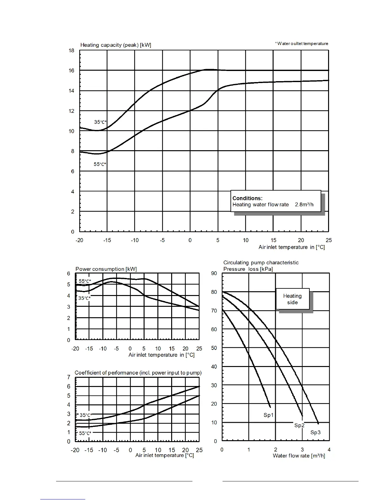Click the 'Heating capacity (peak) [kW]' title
point(116,45)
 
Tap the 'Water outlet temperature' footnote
point(302,44)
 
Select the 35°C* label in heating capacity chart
point(100,122)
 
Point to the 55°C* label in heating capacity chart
point(100,164)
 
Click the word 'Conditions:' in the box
point(247,198)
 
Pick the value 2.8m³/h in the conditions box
point(304,205)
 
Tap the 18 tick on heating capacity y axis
point(71,51)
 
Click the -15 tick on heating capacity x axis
point(107,240)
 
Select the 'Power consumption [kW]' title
point(106,269)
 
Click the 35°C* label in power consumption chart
point(84,298)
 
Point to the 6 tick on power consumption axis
point(69,274)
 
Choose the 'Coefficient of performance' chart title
point(138,373)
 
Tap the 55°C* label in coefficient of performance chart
point(85,433)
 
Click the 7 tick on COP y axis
point(69,377)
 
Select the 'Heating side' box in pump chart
point(292,299)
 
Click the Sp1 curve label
point(268,415)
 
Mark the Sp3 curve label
point(315,432)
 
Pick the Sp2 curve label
point(299,425)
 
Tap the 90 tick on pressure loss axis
point(214,274)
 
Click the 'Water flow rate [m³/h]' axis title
point(299,456)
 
